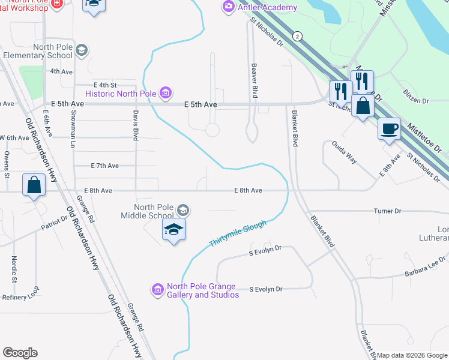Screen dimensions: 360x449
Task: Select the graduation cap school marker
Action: pos(173,230)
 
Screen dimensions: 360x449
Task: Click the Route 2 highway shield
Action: pos(297,37)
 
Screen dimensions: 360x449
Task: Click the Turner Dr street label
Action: pos(387,211)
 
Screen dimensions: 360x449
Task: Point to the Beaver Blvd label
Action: pos(255,81)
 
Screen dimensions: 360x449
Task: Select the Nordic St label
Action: pos(13,269)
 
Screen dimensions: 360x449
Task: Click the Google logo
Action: pos(20,353)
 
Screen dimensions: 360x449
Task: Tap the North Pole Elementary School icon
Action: pos(82,50)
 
